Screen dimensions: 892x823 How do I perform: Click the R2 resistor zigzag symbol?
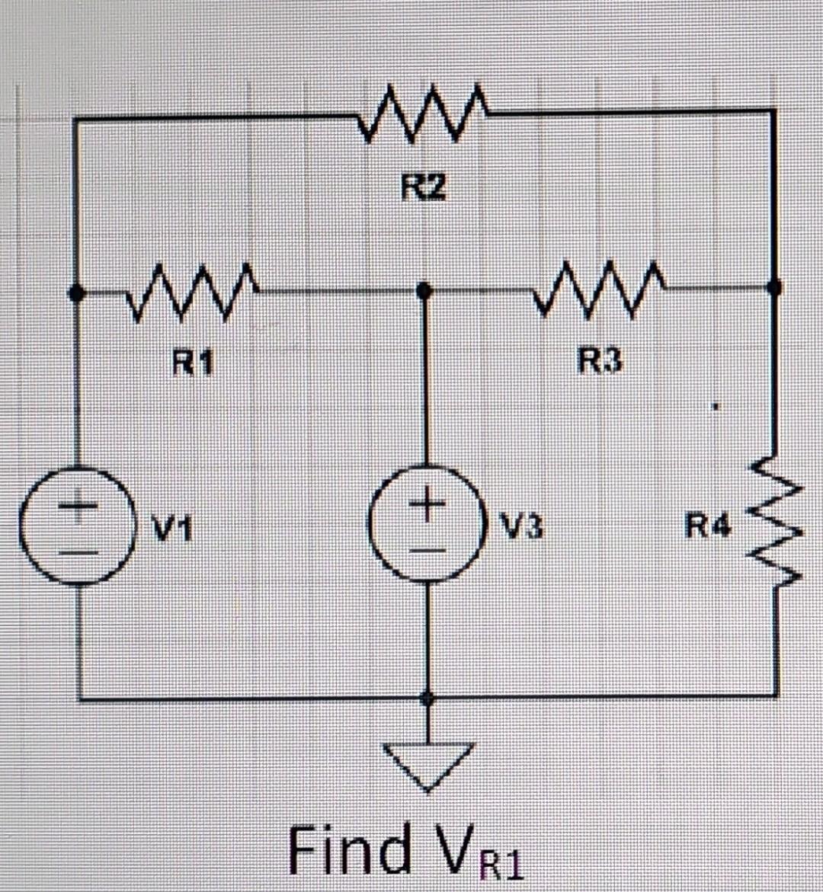point(424,117)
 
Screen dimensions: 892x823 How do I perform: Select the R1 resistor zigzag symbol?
point(194,290)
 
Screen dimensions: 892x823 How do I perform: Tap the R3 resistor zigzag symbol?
point(599,289)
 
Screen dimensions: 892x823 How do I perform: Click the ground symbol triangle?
point(429,765)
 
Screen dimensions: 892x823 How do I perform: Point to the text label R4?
point(708,526)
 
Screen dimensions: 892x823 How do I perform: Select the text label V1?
point(165,526)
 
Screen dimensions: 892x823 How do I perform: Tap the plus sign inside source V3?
point(426,504)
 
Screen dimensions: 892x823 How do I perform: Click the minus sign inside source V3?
point(427,548)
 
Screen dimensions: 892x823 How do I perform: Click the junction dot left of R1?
point(75,292)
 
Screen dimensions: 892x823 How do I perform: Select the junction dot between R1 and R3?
point(425,290)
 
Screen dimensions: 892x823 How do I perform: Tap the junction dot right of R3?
point(774,287)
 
